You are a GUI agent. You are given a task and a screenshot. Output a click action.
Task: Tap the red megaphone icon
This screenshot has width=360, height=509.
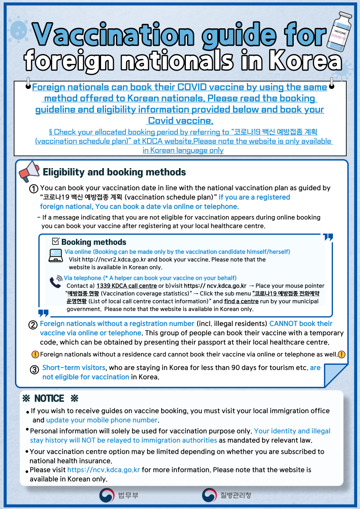click(29, 172)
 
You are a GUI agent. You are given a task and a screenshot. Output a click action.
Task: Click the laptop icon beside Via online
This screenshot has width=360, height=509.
click(55, 256)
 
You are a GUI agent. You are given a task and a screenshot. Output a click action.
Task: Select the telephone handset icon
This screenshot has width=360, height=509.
click(55, 282)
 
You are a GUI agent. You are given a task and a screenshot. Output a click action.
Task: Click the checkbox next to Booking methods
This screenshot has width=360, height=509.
click(56, 242)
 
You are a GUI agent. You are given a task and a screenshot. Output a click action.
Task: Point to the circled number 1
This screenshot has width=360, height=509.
click(34, 189)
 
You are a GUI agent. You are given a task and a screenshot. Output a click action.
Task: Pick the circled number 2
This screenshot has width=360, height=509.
click(33, 324)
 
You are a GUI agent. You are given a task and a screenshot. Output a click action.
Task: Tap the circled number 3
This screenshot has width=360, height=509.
click(34, 370)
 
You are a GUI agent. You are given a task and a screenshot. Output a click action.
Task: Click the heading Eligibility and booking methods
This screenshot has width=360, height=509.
click(114, 172)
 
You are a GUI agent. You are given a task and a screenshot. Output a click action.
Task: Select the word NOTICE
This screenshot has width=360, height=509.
click(49, 399)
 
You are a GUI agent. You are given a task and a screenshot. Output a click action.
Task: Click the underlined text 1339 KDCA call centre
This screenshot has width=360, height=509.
click(126, 286)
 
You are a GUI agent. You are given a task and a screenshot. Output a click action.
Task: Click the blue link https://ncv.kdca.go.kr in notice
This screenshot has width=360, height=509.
click(103, 470)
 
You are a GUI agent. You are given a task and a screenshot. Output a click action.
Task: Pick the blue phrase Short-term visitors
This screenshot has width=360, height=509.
click(74, 368)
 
